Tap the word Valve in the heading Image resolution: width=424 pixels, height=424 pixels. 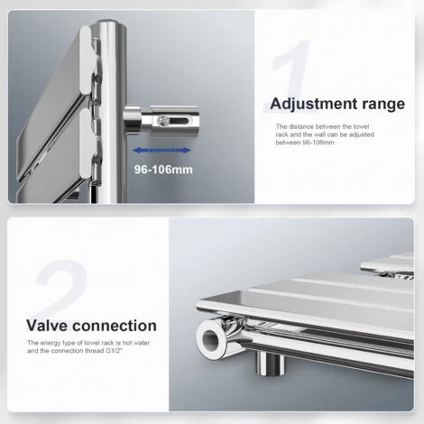pyautogui.click(x=48, y=326)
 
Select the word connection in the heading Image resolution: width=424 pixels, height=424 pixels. pyautogui.click(x=115, y=326)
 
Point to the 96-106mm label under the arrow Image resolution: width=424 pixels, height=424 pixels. pyautogui.click(x=163, y=170)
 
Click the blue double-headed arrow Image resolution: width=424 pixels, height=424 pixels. pyautogui.click(x=161, y=151)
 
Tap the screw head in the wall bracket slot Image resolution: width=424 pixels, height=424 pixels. pyautogui.click(x=162, y=121)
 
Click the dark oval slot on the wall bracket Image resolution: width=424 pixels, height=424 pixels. pyautogui.click(x=179, y=121)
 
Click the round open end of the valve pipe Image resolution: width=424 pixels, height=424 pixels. pyautogui.click(x=211, y=339)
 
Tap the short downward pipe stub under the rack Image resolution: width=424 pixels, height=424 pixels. pyautogui.click(x=270, y=363)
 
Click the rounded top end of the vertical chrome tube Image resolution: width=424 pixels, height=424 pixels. pyautogui.click(x=111, y=25)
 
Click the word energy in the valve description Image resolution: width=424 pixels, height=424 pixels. pyautogui.click(x=51, y=343)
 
